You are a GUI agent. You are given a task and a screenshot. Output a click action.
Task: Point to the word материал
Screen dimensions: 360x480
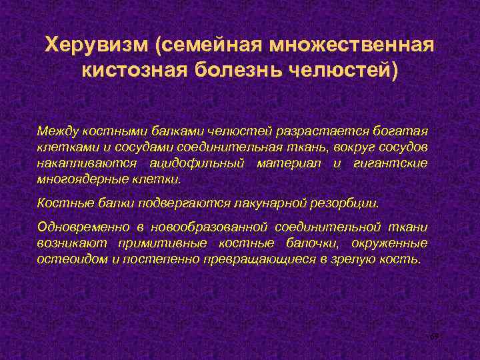pyautogui.click(x=291, y=163)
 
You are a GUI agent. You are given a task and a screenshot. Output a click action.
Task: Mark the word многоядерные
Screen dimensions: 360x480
pyautogui.click(x=74, y=179)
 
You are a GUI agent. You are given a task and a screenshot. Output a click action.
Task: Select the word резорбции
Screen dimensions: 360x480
pyautogui.click(x=351, y=202)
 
